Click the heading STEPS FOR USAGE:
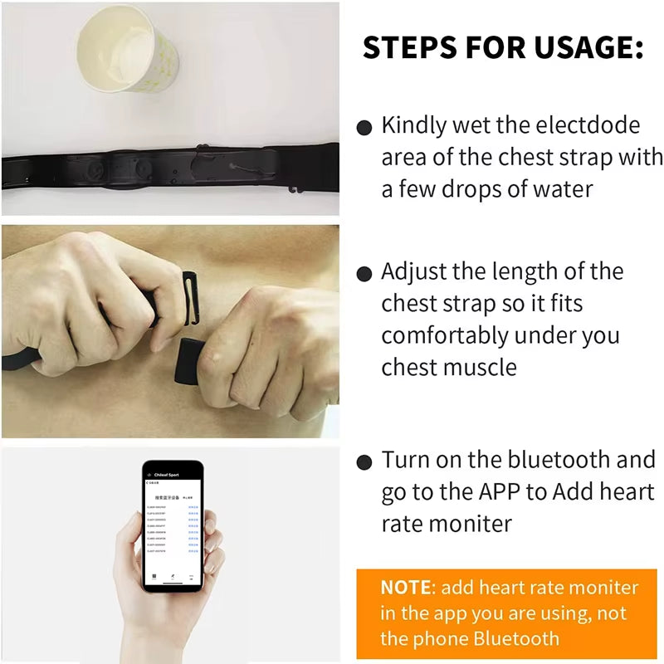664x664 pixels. point(503,48)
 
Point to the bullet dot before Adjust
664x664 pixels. point(364,274)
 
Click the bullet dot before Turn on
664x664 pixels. point(364,462)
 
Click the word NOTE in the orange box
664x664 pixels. point(406,588)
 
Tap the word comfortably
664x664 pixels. point(445,335)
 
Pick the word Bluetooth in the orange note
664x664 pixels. point(515,638)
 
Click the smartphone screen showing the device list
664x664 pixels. point(172,527)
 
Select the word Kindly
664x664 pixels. point(413,125)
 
